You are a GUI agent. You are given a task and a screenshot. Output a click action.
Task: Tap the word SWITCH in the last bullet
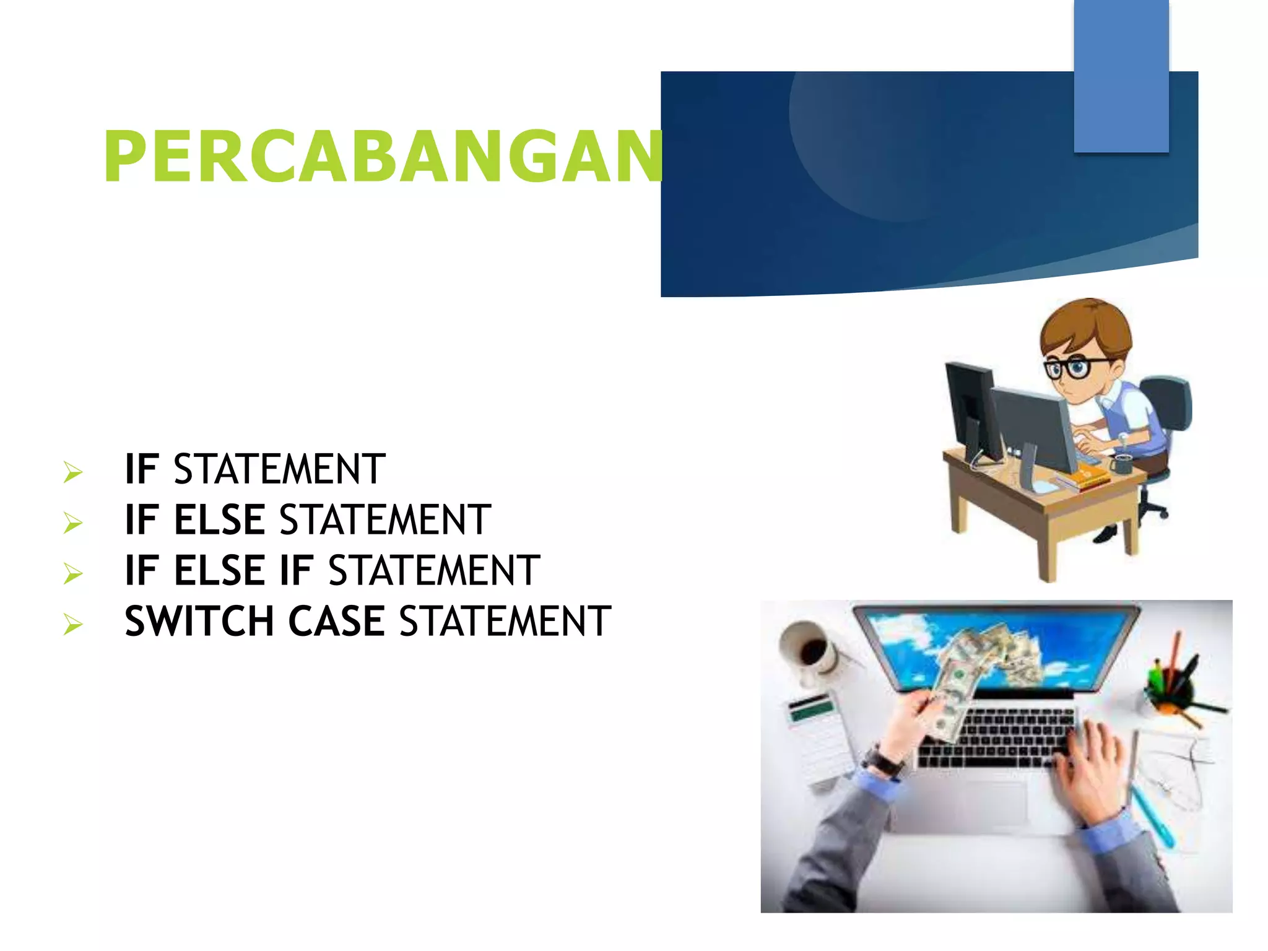(199, 621)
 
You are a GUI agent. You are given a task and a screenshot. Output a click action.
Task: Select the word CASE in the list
(336, 621)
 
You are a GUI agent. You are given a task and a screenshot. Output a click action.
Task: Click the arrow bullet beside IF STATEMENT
(72, 472)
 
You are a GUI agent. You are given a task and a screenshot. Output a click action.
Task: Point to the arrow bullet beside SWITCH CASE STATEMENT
(72, 625)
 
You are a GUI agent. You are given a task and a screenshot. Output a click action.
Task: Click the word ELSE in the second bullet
(219, 519)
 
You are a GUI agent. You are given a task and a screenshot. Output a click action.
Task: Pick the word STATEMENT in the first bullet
(279, 469)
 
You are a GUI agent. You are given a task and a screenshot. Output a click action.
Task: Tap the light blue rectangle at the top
(1121, 76)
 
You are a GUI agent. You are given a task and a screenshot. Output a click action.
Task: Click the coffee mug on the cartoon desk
(1122, 463)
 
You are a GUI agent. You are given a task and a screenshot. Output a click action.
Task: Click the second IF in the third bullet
(295, 570)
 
